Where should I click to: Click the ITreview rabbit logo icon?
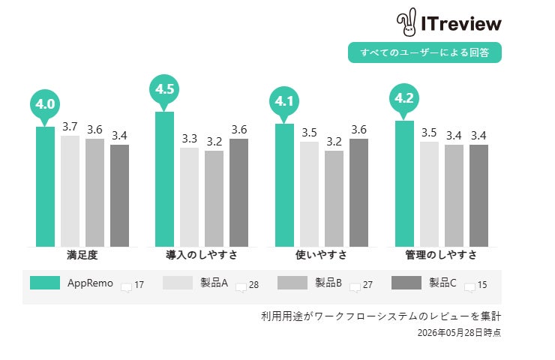click(406, 22)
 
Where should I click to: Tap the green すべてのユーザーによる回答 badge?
click(424, 52)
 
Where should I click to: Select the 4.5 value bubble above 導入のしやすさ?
click(164, 91)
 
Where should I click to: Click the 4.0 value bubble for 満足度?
click(45, 106)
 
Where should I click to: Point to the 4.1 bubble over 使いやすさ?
click(284, 103)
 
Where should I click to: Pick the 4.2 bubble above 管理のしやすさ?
click(404, 100)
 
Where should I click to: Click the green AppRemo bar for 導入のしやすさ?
click(164, 179)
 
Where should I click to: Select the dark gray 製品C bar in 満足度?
click(120, 196)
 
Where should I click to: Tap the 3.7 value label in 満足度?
click(70, 127)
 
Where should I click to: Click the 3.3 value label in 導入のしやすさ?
click(189, 139)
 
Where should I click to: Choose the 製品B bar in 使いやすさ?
click(334, 199)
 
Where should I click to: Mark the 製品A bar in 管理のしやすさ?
click(429, 194)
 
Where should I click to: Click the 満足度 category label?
click(82, 255)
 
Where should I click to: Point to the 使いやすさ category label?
click(322, 255)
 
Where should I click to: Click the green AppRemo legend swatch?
click(45, 283)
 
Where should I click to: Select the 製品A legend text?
click(214, 283)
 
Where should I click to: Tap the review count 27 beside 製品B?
click(367, 284)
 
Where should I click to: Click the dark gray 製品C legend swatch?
click(406, 283)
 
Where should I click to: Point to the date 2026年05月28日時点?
click(459, 333)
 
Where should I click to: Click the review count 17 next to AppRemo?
click(139, 284)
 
